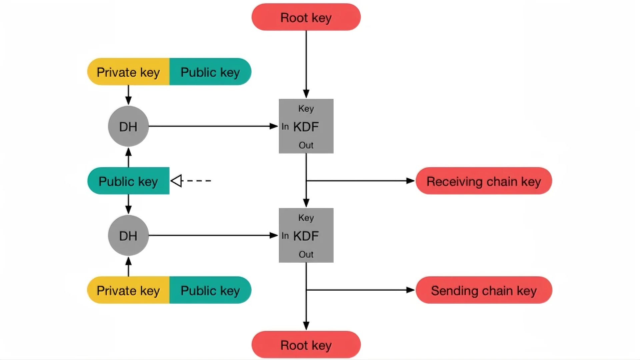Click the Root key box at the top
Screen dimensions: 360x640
point(306,17)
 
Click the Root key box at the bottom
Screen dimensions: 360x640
point(306,345)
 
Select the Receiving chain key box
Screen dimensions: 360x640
point(484,181)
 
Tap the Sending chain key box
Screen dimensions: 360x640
point(484,290)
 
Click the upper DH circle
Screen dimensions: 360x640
point(128,126)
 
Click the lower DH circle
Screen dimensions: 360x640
point(128,236)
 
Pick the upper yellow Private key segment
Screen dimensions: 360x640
point(128,72)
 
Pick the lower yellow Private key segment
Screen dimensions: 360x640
point(128,290)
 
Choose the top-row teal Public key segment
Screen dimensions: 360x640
point(210,72)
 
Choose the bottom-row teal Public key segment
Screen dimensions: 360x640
point(210,290)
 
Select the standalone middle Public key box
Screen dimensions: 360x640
point(128,181)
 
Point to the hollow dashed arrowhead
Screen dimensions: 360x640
point(177,181)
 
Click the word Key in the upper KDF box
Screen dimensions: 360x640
point(306,109)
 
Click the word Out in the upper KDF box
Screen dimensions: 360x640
point(306,145)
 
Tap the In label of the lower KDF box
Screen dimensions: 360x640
point(285,236)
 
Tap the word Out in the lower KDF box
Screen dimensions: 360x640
point(306,255)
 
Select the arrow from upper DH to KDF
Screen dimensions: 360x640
point(213,126)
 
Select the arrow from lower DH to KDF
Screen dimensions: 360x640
point(213,236)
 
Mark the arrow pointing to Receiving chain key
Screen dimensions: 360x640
point(360,181)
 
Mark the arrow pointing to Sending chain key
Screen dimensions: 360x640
point(360,290)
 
